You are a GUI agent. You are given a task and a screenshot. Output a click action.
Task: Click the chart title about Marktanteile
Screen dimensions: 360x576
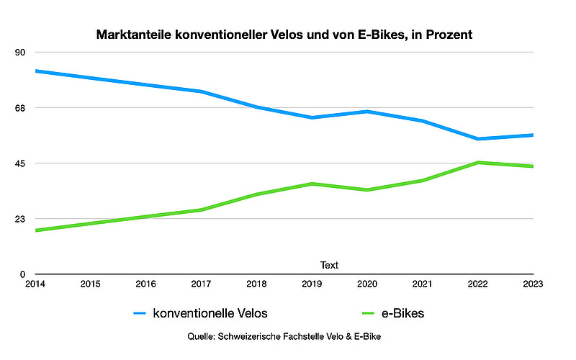tap(284, 35)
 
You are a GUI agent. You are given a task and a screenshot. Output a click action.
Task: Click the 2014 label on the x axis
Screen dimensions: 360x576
tap(35, 284)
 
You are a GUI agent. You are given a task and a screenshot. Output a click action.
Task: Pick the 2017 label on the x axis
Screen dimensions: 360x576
tap(201, 284)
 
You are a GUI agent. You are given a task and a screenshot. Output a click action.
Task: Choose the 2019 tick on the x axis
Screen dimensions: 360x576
tap(312, 284)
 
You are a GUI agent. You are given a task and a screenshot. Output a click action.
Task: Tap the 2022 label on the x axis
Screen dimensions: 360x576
tap(478, 284)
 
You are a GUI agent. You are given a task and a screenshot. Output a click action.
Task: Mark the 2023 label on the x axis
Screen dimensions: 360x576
tap(534, 284)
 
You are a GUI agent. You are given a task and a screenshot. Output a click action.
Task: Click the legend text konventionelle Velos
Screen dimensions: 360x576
tap(215, 313)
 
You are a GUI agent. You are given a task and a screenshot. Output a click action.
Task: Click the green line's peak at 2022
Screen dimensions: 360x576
tap(478, 163)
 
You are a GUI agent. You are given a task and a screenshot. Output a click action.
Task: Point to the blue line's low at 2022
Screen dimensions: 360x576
tap(478, 139)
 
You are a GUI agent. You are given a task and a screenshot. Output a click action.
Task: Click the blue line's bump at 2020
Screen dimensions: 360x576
tap(367, 112)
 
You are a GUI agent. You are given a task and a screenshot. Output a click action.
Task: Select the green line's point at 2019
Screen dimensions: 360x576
tap(312, 184)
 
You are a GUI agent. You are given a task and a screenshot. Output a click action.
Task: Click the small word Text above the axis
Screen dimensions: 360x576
tap(329, 265)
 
